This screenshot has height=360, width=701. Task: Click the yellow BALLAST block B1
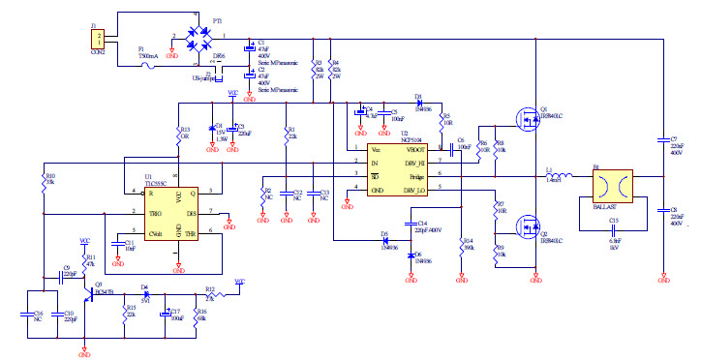pos(611,185)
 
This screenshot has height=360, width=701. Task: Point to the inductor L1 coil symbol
pos(560,176)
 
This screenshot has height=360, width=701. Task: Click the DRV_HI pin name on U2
pos(415,162)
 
